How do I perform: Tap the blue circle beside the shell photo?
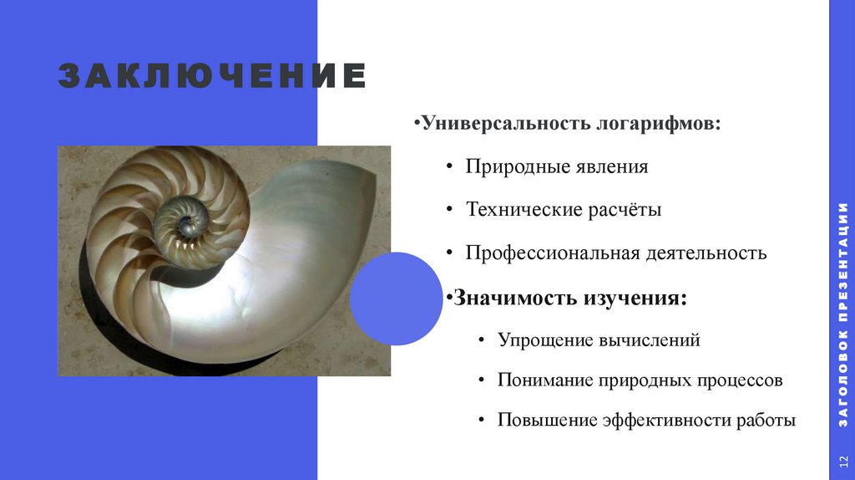point(396,299)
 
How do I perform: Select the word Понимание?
point(544,380)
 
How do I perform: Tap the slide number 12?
point(842,462)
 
